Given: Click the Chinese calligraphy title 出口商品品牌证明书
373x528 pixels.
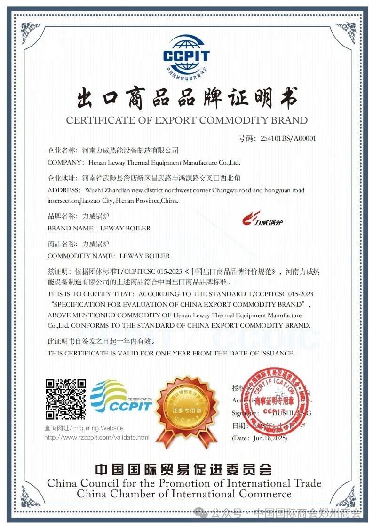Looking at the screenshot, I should (187, 98).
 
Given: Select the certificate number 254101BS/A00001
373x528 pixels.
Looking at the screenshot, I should (284, 138).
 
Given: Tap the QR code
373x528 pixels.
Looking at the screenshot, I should (65, 399).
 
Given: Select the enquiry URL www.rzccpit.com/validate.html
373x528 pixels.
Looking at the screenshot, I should (96, 437).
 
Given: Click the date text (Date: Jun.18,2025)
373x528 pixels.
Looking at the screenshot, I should (259, 438).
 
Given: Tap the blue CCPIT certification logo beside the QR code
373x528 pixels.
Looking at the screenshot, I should (121, 397).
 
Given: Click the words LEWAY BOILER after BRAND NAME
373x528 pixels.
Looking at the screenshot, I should (126, 228).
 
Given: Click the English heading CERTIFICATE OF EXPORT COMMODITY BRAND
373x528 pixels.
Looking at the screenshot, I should (187, 120).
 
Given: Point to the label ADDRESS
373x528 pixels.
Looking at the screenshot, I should (64, 190).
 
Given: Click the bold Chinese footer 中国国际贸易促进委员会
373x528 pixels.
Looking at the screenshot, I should (183, 469).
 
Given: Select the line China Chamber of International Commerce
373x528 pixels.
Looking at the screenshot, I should (184, 494).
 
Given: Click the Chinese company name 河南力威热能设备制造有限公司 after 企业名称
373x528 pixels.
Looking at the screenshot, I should (130, 150).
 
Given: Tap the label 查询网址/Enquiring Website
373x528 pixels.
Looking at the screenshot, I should (84, 428).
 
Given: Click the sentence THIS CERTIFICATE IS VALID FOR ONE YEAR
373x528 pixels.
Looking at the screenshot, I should (171, 353).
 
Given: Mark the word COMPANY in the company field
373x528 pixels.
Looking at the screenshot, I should (63, 162).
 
